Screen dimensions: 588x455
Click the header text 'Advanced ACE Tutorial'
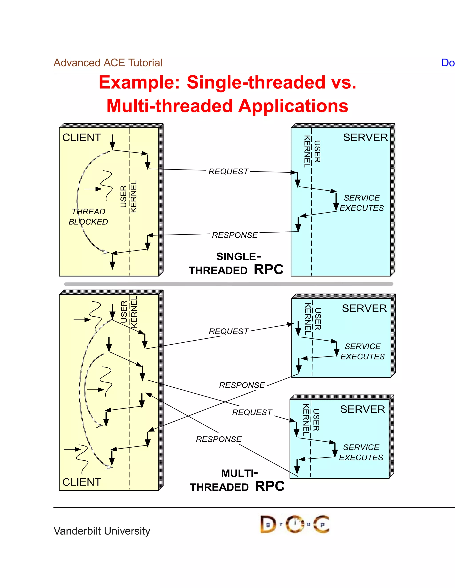pyautogui.click(x=108, y=63)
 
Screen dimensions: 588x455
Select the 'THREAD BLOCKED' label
pyautogui.click(x=88, y=217)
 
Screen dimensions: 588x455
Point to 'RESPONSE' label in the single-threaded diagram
pyautogui.click(x=235, y=235)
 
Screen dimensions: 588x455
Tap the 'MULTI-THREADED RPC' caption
pyautogui.click(x=237, y=481)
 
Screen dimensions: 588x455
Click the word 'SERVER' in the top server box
pyautogui.click(x=365, y=138)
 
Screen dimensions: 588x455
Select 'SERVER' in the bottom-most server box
pyautogui.click(x=363, y=409)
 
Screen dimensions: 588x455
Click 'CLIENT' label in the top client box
pyautogui.click(x=82, y=138)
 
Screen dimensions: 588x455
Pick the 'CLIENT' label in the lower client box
pyautogui.click(x=82, y=482)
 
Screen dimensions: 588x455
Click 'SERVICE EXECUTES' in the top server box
pyautogui.click(x=361, y=203)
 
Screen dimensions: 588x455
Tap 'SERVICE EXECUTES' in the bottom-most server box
pyautogui.click(x=361, y=452)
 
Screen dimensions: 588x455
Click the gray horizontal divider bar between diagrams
pyautogui.click(x=229, y=284)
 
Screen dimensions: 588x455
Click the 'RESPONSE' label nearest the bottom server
pyautogui.click(x=219, y=439)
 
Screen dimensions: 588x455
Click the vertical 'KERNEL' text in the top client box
pyautogui.click(x=134, y=197)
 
